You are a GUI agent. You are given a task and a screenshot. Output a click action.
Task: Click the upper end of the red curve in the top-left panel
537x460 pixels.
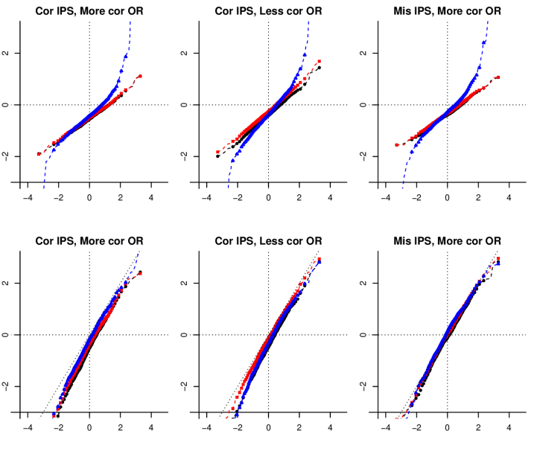[140, 76]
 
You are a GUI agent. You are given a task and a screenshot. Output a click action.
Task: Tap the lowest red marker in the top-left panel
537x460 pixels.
[38, 155]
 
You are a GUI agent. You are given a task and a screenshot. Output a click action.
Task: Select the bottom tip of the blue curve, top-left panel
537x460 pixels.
[44, 188]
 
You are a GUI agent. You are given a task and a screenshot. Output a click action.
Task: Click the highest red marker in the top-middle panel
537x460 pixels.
[320, 61]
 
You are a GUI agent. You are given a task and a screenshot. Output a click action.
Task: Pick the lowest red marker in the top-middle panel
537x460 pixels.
[217, 152]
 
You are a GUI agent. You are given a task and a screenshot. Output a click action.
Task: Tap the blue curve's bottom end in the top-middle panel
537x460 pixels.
[228, 188]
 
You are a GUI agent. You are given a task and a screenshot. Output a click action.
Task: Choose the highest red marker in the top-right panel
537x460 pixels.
[498, 77]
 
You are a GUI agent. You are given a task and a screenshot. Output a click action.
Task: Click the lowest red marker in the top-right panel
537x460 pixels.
[396, 145]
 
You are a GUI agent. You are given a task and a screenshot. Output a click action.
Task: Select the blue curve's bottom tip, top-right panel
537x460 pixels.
[402, 188]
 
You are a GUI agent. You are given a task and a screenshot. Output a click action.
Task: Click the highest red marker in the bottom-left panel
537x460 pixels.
[140, 274]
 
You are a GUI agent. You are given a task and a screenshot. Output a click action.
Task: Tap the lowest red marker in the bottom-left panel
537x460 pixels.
[54, 417]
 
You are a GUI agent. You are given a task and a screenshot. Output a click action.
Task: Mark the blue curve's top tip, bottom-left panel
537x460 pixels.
[137, 254]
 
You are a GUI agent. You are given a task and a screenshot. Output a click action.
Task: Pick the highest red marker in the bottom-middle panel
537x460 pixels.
[320, 259]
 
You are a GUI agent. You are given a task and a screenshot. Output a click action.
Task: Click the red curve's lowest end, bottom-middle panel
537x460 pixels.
[226, 418]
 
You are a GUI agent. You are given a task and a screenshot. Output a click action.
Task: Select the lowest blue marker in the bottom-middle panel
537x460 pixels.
[235, 417]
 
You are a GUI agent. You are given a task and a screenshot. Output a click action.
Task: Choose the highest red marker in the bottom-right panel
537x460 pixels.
[498, 258]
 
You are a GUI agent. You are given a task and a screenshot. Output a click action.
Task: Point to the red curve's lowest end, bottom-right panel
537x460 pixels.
[395, 418]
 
